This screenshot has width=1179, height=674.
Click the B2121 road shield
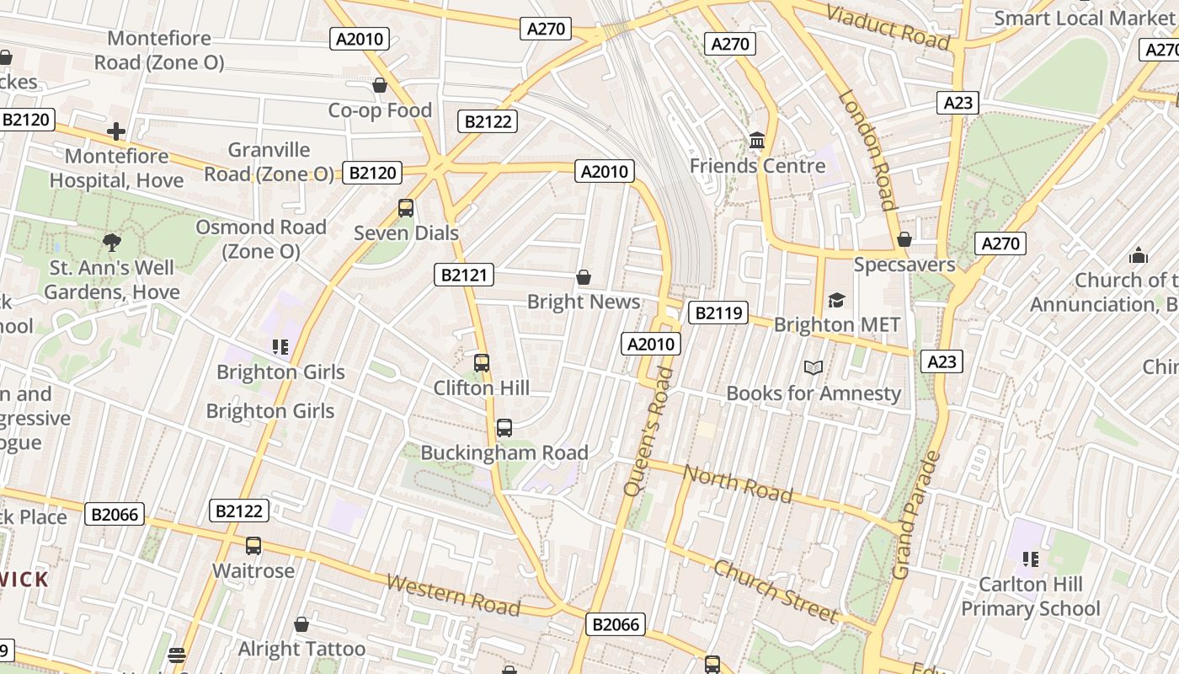click(464, 275)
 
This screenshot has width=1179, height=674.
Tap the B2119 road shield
click(718, 313)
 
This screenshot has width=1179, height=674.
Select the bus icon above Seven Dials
click(406, 208)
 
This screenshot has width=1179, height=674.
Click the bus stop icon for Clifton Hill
click(482, 363)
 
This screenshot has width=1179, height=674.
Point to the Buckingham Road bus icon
click(504, 428)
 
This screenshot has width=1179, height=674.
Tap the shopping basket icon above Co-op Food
click(380, 86)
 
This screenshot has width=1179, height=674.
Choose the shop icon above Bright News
click(583, 277)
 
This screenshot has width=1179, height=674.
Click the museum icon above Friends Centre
click(757, 141)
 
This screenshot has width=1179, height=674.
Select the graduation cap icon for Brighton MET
click(836, 300)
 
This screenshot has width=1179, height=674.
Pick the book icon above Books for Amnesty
click(813, 368)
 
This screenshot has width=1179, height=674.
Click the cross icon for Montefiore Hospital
click(116, 131)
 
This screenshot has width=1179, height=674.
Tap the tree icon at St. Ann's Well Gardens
click(111, 243)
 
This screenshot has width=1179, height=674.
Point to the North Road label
click(738, 484)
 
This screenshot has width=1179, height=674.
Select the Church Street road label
click(776, 591)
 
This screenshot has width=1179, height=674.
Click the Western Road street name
click(453, 594)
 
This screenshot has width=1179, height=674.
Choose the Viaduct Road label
click(888, 26)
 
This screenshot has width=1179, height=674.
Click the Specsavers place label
click(904, 265)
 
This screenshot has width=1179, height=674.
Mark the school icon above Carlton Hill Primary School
click(1030, 559)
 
